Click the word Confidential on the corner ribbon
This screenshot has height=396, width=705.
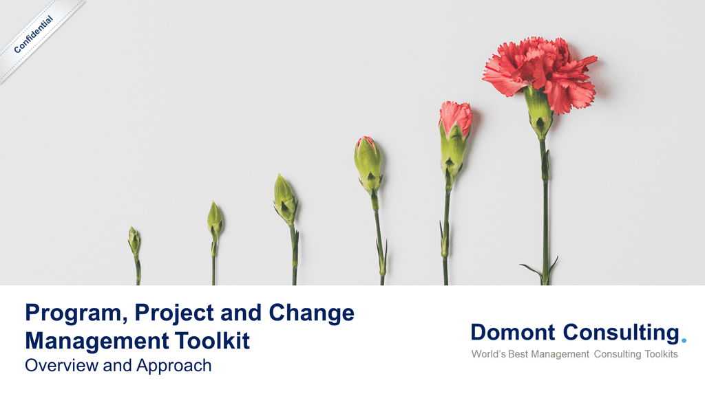[34, 34]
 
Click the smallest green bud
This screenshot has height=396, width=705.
[134, 241]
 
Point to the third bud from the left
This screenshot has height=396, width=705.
[285, 200]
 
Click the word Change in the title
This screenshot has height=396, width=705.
[312, 313]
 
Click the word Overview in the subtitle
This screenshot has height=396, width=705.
[61, 366]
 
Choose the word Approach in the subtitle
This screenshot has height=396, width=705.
[174, 366]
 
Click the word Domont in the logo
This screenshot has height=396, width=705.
[513, 333]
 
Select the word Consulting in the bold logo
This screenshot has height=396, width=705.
[621, 333]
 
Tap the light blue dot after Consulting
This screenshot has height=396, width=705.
[684, 341]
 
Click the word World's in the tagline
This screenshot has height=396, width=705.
[488, 354]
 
